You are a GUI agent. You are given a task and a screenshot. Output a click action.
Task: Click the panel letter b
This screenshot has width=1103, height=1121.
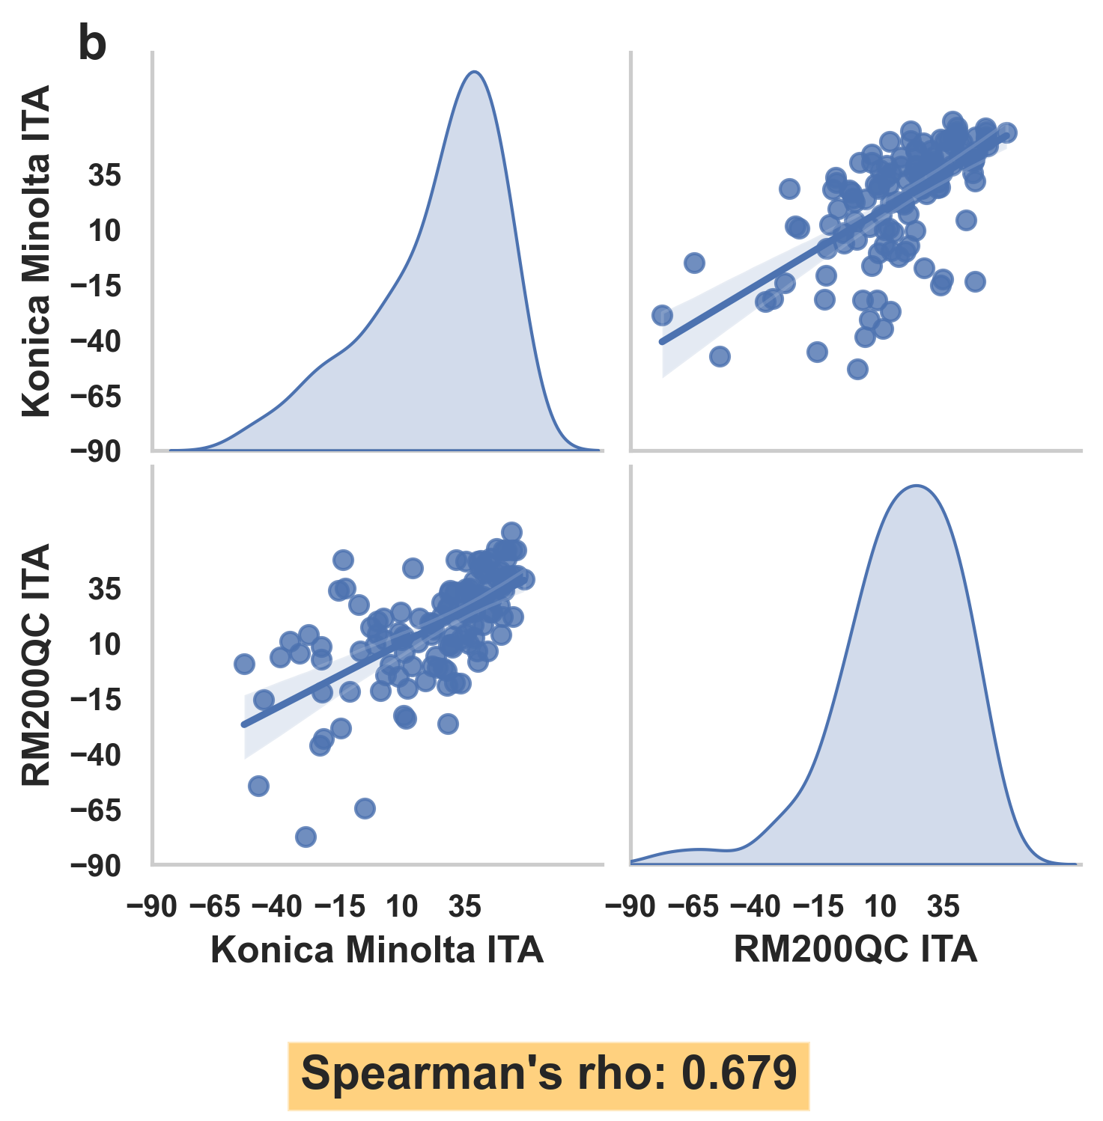[x=92, y=45]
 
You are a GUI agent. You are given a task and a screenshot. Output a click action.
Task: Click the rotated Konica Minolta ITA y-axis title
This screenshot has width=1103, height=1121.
[x=36, y=251]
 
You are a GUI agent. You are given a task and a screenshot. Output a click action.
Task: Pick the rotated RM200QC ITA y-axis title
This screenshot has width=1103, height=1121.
[x=36, y=665]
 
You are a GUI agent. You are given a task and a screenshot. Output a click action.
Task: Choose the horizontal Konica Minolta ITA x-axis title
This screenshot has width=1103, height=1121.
[x=377, y=950]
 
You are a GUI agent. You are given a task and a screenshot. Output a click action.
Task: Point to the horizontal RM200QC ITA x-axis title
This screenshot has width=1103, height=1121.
[x=855, y=950]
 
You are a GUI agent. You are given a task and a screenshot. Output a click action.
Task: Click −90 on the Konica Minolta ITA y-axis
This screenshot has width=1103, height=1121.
[x=95, y=451]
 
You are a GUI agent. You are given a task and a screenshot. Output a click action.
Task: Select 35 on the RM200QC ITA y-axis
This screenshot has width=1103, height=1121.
[x=104, y=590]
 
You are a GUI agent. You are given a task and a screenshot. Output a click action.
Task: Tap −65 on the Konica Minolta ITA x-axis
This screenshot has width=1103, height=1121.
[x=215, y=907]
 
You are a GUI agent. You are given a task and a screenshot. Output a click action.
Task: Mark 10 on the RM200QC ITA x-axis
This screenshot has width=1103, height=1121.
[x=880, y=907]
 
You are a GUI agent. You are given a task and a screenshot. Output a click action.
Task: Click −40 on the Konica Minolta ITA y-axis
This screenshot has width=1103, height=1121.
[x=95, y=341]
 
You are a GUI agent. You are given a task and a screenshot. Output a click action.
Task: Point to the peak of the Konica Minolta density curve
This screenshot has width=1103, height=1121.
[x=474, y=72]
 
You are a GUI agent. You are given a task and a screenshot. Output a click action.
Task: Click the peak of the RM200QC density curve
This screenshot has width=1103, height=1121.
[x=916, y=486]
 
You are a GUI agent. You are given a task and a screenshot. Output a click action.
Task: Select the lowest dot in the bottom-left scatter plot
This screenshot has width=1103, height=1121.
[x=306, y=837]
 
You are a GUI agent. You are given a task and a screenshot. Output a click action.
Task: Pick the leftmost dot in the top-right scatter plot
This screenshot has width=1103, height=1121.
[x=662, y=315]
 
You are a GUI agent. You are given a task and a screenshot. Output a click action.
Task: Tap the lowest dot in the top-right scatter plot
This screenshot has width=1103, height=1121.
[x=857, y=369]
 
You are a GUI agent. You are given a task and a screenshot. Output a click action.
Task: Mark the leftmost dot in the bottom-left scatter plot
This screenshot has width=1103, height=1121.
[x=244, y=664]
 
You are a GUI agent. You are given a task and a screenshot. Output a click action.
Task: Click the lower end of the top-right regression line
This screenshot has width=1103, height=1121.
[x=662, y=342]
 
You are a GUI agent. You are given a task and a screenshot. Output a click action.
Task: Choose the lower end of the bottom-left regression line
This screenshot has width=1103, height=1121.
[x=243, y=724]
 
